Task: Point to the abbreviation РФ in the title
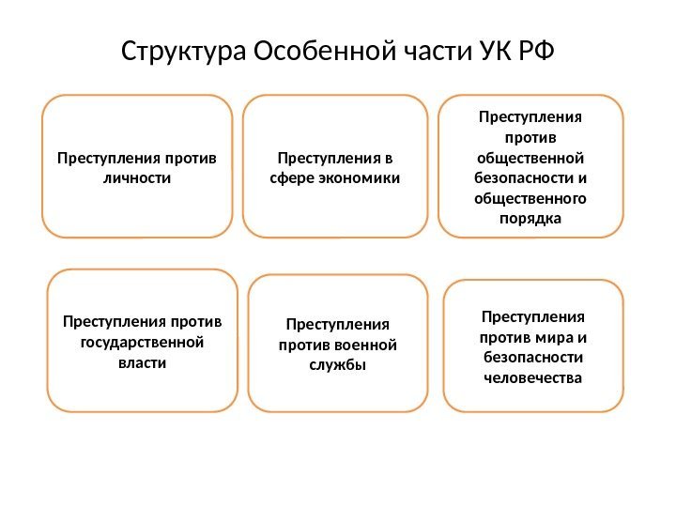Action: pyautogui.click(x=535, y=51)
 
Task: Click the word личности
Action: pyautogui.click(x=137, y=177)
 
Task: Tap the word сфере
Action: pyautogui.click(x=291, y=177)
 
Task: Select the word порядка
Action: pyautogui.click(x=531, y=219)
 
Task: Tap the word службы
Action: pyautogui.click(x=337, y=365)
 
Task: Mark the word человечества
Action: pyautogui.click(x=532, y=377)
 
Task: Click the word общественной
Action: pyautogui.click(x=531, y=157)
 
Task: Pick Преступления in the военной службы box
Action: pyautogui.click(x=337, y=325)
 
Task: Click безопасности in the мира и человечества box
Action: pyautogui.click(x=532, y=358)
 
